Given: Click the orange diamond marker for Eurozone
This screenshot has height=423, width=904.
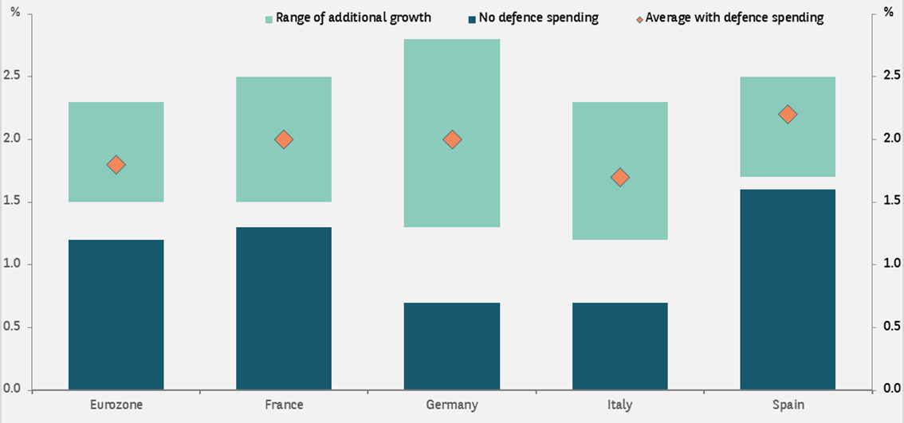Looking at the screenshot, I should coord(116,165).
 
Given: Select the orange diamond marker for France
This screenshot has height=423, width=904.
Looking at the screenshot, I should coord(284,139).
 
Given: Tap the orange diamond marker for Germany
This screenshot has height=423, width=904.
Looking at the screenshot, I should coord(452,139).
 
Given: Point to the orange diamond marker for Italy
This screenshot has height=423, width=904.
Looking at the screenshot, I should coord(619,177).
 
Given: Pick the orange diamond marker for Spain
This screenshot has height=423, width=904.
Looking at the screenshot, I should coord(788,115).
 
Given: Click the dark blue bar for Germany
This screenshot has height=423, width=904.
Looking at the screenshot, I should coord(452,347).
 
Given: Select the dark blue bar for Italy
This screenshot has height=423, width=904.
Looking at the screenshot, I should coord(619,347).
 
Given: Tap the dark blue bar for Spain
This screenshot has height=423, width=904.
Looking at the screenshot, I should coord(788,289).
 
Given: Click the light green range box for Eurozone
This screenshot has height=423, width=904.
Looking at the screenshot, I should coord(116,119).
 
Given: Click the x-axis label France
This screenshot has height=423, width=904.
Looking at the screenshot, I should coord(284,405).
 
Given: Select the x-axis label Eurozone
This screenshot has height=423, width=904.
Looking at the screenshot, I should coord(116,405).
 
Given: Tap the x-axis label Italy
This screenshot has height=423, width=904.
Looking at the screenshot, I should coord(619,405).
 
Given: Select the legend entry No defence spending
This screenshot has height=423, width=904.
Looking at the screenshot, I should coord(538,18).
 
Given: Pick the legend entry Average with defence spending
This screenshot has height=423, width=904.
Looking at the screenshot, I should coord(733,18).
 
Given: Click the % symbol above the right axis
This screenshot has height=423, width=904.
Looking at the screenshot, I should coord(888,14).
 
